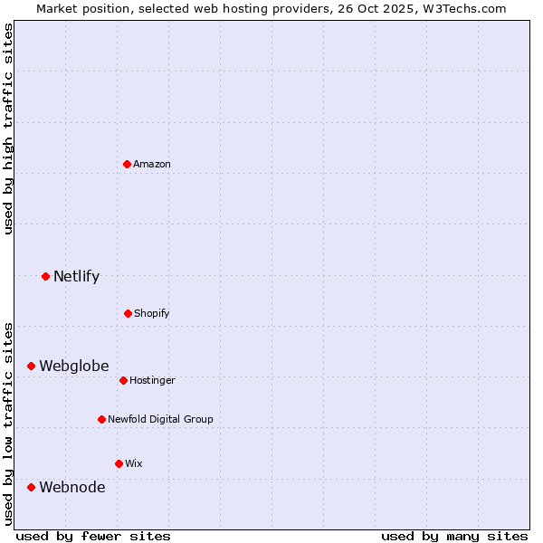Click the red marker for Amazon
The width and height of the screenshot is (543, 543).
click(128, 164)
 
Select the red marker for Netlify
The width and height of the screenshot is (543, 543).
click(45, 276)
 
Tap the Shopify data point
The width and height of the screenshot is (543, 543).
click(128, 313)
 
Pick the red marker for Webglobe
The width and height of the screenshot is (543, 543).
click(31, 366)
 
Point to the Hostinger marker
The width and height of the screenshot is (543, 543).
click(123, 380)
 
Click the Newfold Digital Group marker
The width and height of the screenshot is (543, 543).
click(101, 419)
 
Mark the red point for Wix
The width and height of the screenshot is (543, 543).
click(119, 463)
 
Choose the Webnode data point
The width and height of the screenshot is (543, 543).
click(31, 487)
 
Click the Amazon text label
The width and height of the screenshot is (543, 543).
click(152, 164)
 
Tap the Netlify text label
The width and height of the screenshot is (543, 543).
click(76, 276)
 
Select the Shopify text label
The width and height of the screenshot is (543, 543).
click(152, 313)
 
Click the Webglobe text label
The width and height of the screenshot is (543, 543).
click(73, 366)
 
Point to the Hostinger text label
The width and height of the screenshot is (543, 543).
click(152, 380)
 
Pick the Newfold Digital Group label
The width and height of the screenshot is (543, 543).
click(160, 419)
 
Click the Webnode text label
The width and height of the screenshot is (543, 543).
click(71, 487)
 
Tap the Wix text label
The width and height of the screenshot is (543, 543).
click(133, 463)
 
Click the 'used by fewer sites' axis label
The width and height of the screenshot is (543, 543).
click(92, 536)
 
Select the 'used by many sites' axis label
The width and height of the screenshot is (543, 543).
click(454, 536)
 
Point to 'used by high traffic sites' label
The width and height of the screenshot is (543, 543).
click(8, 129)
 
